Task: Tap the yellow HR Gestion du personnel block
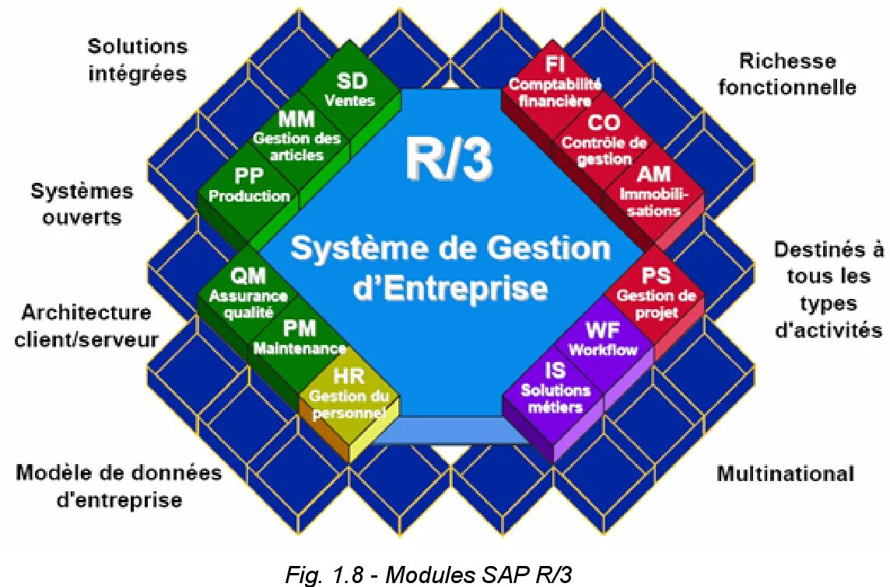point(349,394)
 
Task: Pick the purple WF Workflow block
point(603,339)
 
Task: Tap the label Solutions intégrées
point(138,59)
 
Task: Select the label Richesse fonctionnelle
point(787,73)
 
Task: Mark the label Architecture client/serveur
point(86,325)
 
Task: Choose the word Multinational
point(785,473)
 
